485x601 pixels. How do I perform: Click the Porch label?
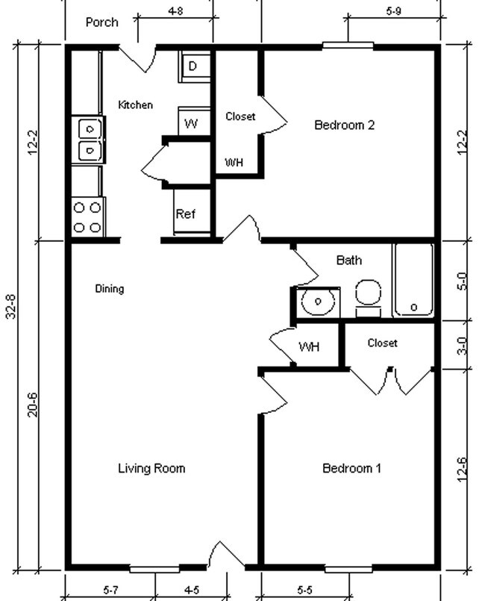(x=101, y=22)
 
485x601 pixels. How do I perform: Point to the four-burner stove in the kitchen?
(x=87, y=217)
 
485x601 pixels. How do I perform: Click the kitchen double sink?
(x=88, y=140)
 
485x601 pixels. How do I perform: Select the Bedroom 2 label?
(x=344, y=125)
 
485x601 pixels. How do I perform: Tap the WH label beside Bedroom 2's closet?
(x=234, y=163)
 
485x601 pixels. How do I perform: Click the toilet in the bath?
(x=368, y=294)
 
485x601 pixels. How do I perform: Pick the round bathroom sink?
(x=319, y=302)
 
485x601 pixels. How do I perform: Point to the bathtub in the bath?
(x=413, y=280)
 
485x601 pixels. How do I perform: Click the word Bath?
(x=349, y=260)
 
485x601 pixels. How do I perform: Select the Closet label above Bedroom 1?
(x=382, y=343)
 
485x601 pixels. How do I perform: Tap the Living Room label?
(x=151, y=468)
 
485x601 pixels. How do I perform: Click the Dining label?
(x=110, y=289)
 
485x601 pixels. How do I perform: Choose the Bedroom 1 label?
(x=351, y=468)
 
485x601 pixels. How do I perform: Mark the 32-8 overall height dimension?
(x=11, y=306)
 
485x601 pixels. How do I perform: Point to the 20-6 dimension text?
(x=33, y=404)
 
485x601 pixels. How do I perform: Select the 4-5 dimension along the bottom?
(x=191, y=591)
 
